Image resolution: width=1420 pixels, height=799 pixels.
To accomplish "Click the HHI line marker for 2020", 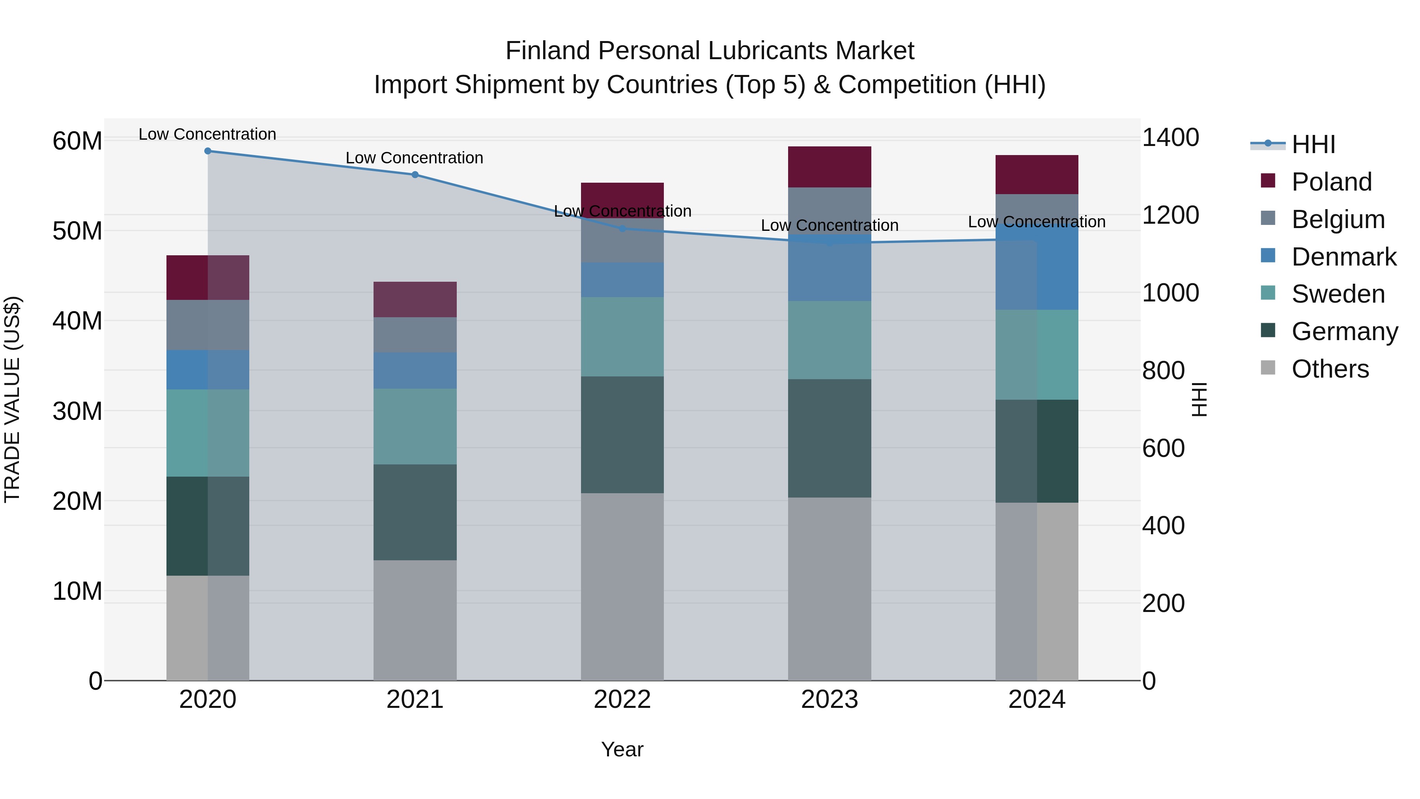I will click(208, 151).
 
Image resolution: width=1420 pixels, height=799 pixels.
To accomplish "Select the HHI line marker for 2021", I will click(415, 175).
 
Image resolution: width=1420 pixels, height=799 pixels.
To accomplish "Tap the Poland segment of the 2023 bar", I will click(829, 167).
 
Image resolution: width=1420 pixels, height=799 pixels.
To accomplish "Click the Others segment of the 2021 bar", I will click(415, 620).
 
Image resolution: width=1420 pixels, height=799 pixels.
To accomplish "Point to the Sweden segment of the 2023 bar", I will click(829, 340).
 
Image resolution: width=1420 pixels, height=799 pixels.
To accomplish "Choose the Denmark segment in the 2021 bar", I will click(415, 370).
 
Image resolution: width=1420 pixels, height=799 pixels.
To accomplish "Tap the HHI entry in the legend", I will click(1313, 144).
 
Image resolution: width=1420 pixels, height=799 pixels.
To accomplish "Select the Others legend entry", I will click(1330, 369).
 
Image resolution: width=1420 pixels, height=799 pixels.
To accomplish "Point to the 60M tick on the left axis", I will click(77, 141).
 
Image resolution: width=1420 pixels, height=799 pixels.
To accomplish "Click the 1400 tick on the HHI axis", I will click(1170, 137).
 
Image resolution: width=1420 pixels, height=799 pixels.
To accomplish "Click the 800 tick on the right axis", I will click(1163, 370).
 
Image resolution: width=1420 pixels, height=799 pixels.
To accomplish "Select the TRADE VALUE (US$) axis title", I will click(12, 399).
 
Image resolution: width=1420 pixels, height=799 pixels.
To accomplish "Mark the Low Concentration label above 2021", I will click(415, 158).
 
